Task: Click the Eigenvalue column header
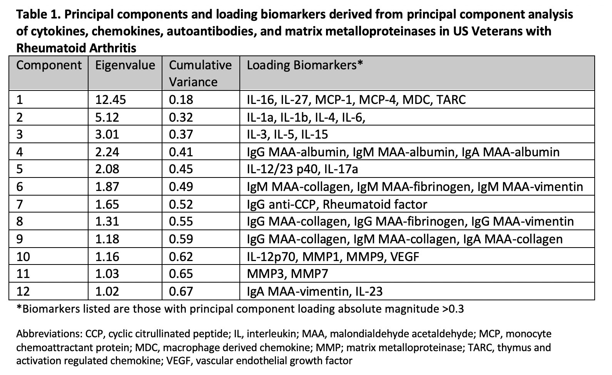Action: click(x=125, y=65)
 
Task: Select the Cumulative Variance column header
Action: click(x=200, y=73)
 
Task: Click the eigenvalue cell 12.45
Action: click(x=110, y=100)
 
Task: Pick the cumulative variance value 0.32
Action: click(x=181, y=117)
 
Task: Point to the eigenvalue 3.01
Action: click(x=107, y=134)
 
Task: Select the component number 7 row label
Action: click(x=20, y=204)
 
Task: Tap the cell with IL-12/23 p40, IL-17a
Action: click(x=304, y=169)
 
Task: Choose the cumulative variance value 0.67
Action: click(x=181, y=291)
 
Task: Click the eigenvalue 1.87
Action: click(x=107, y=187)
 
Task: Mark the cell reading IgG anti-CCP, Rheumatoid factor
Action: click(x=337, y=204)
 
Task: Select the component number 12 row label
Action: click(x=23, y=291)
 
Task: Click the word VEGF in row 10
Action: click(x=404, y=256)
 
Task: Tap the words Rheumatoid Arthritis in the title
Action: click(x=76, y=48)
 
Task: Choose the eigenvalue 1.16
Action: click(x=107, y=256)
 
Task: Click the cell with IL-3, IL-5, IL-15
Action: click(x=287, y=134)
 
